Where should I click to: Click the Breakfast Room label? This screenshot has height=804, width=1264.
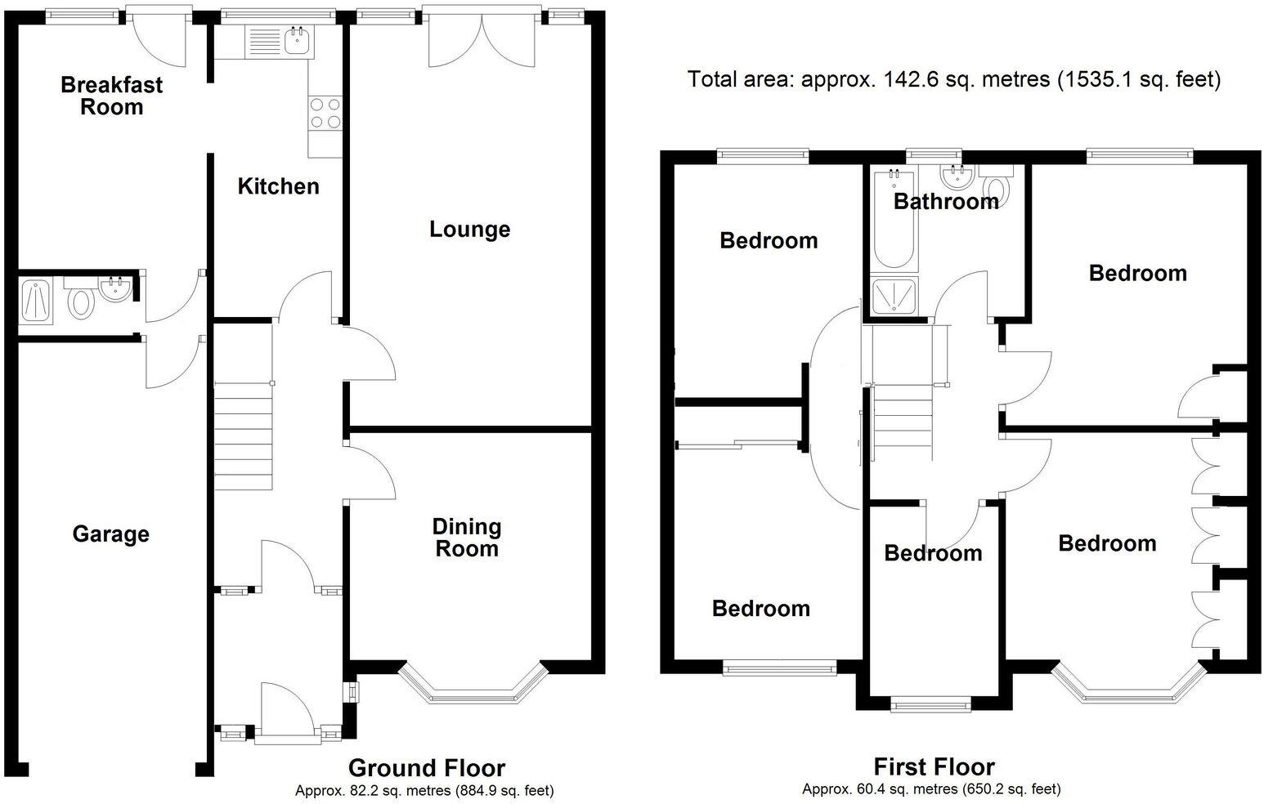click(x=112, y=96)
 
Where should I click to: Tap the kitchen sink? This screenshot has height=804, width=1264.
click(x=296, y=40)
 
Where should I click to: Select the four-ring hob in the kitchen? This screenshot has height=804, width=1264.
click(x=325, y=114)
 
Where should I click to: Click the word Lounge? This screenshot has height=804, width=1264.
click(x=469, y=230)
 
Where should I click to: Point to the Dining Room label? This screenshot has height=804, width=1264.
click(x=467, y=538)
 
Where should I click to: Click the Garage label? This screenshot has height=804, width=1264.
click(x=111, y=534)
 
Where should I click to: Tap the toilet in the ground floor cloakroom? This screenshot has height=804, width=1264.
click(x=80, y=301)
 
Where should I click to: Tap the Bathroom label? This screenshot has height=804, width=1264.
click(x=946, y=201)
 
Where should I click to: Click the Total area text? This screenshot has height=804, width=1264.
click(x=953, y=79)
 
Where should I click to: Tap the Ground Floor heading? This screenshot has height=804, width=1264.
click(x=426, y=768)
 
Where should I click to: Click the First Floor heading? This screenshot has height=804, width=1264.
click(x=934, y=766)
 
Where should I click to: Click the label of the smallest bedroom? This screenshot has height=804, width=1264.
click(x=933, y=553)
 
